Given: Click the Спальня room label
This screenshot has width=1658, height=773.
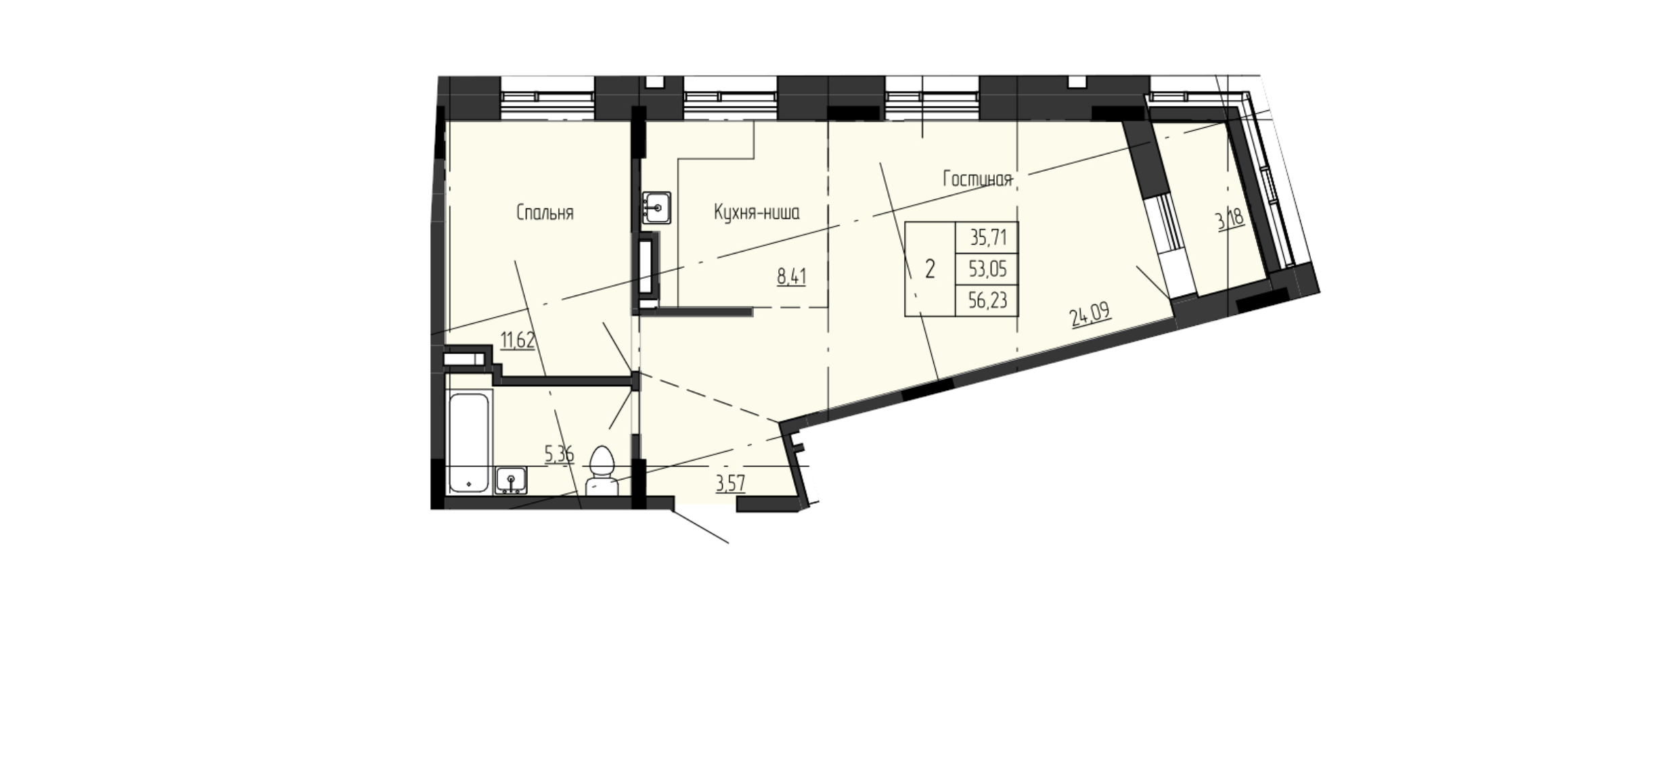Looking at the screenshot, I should (545, 213).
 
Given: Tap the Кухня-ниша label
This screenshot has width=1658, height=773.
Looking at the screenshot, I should (757, 213).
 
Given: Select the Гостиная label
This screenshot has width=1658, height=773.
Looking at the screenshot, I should (978, 179).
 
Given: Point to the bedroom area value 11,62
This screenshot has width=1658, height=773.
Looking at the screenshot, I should (518, 339).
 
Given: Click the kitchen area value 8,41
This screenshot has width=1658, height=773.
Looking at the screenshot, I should (792, 277).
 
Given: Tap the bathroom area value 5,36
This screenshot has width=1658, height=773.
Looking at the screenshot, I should (560, 454).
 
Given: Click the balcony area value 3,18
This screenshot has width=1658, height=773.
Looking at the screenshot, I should (1230, 220).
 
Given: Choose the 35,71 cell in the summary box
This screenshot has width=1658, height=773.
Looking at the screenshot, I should (988, 237).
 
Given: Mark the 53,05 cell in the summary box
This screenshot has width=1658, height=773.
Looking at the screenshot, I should (988, 269).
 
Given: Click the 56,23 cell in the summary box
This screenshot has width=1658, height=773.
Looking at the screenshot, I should (988, 300).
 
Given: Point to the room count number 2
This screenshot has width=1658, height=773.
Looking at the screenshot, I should (930, 269).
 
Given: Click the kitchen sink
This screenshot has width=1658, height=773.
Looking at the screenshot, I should (657, 206).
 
